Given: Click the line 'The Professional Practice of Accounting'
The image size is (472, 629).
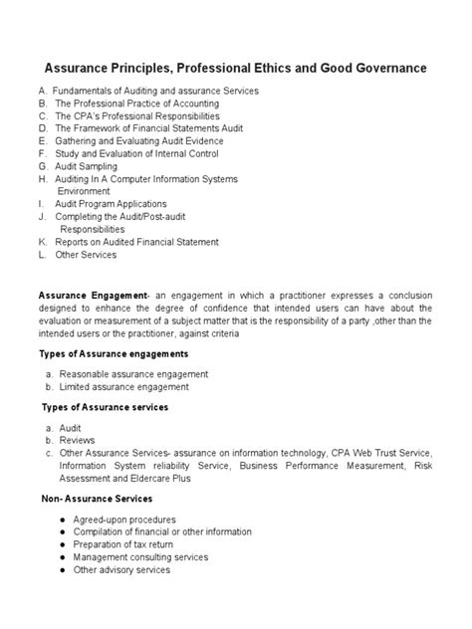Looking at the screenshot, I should [x=135, y=104].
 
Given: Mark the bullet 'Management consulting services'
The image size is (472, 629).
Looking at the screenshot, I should [x=140, y=557].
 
